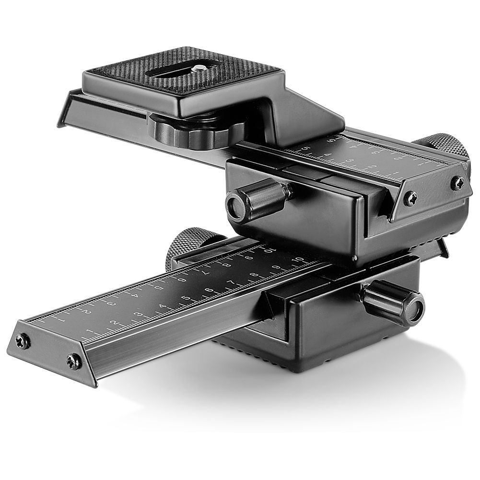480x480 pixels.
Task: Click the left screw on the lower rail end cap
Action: coord(22,341)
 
